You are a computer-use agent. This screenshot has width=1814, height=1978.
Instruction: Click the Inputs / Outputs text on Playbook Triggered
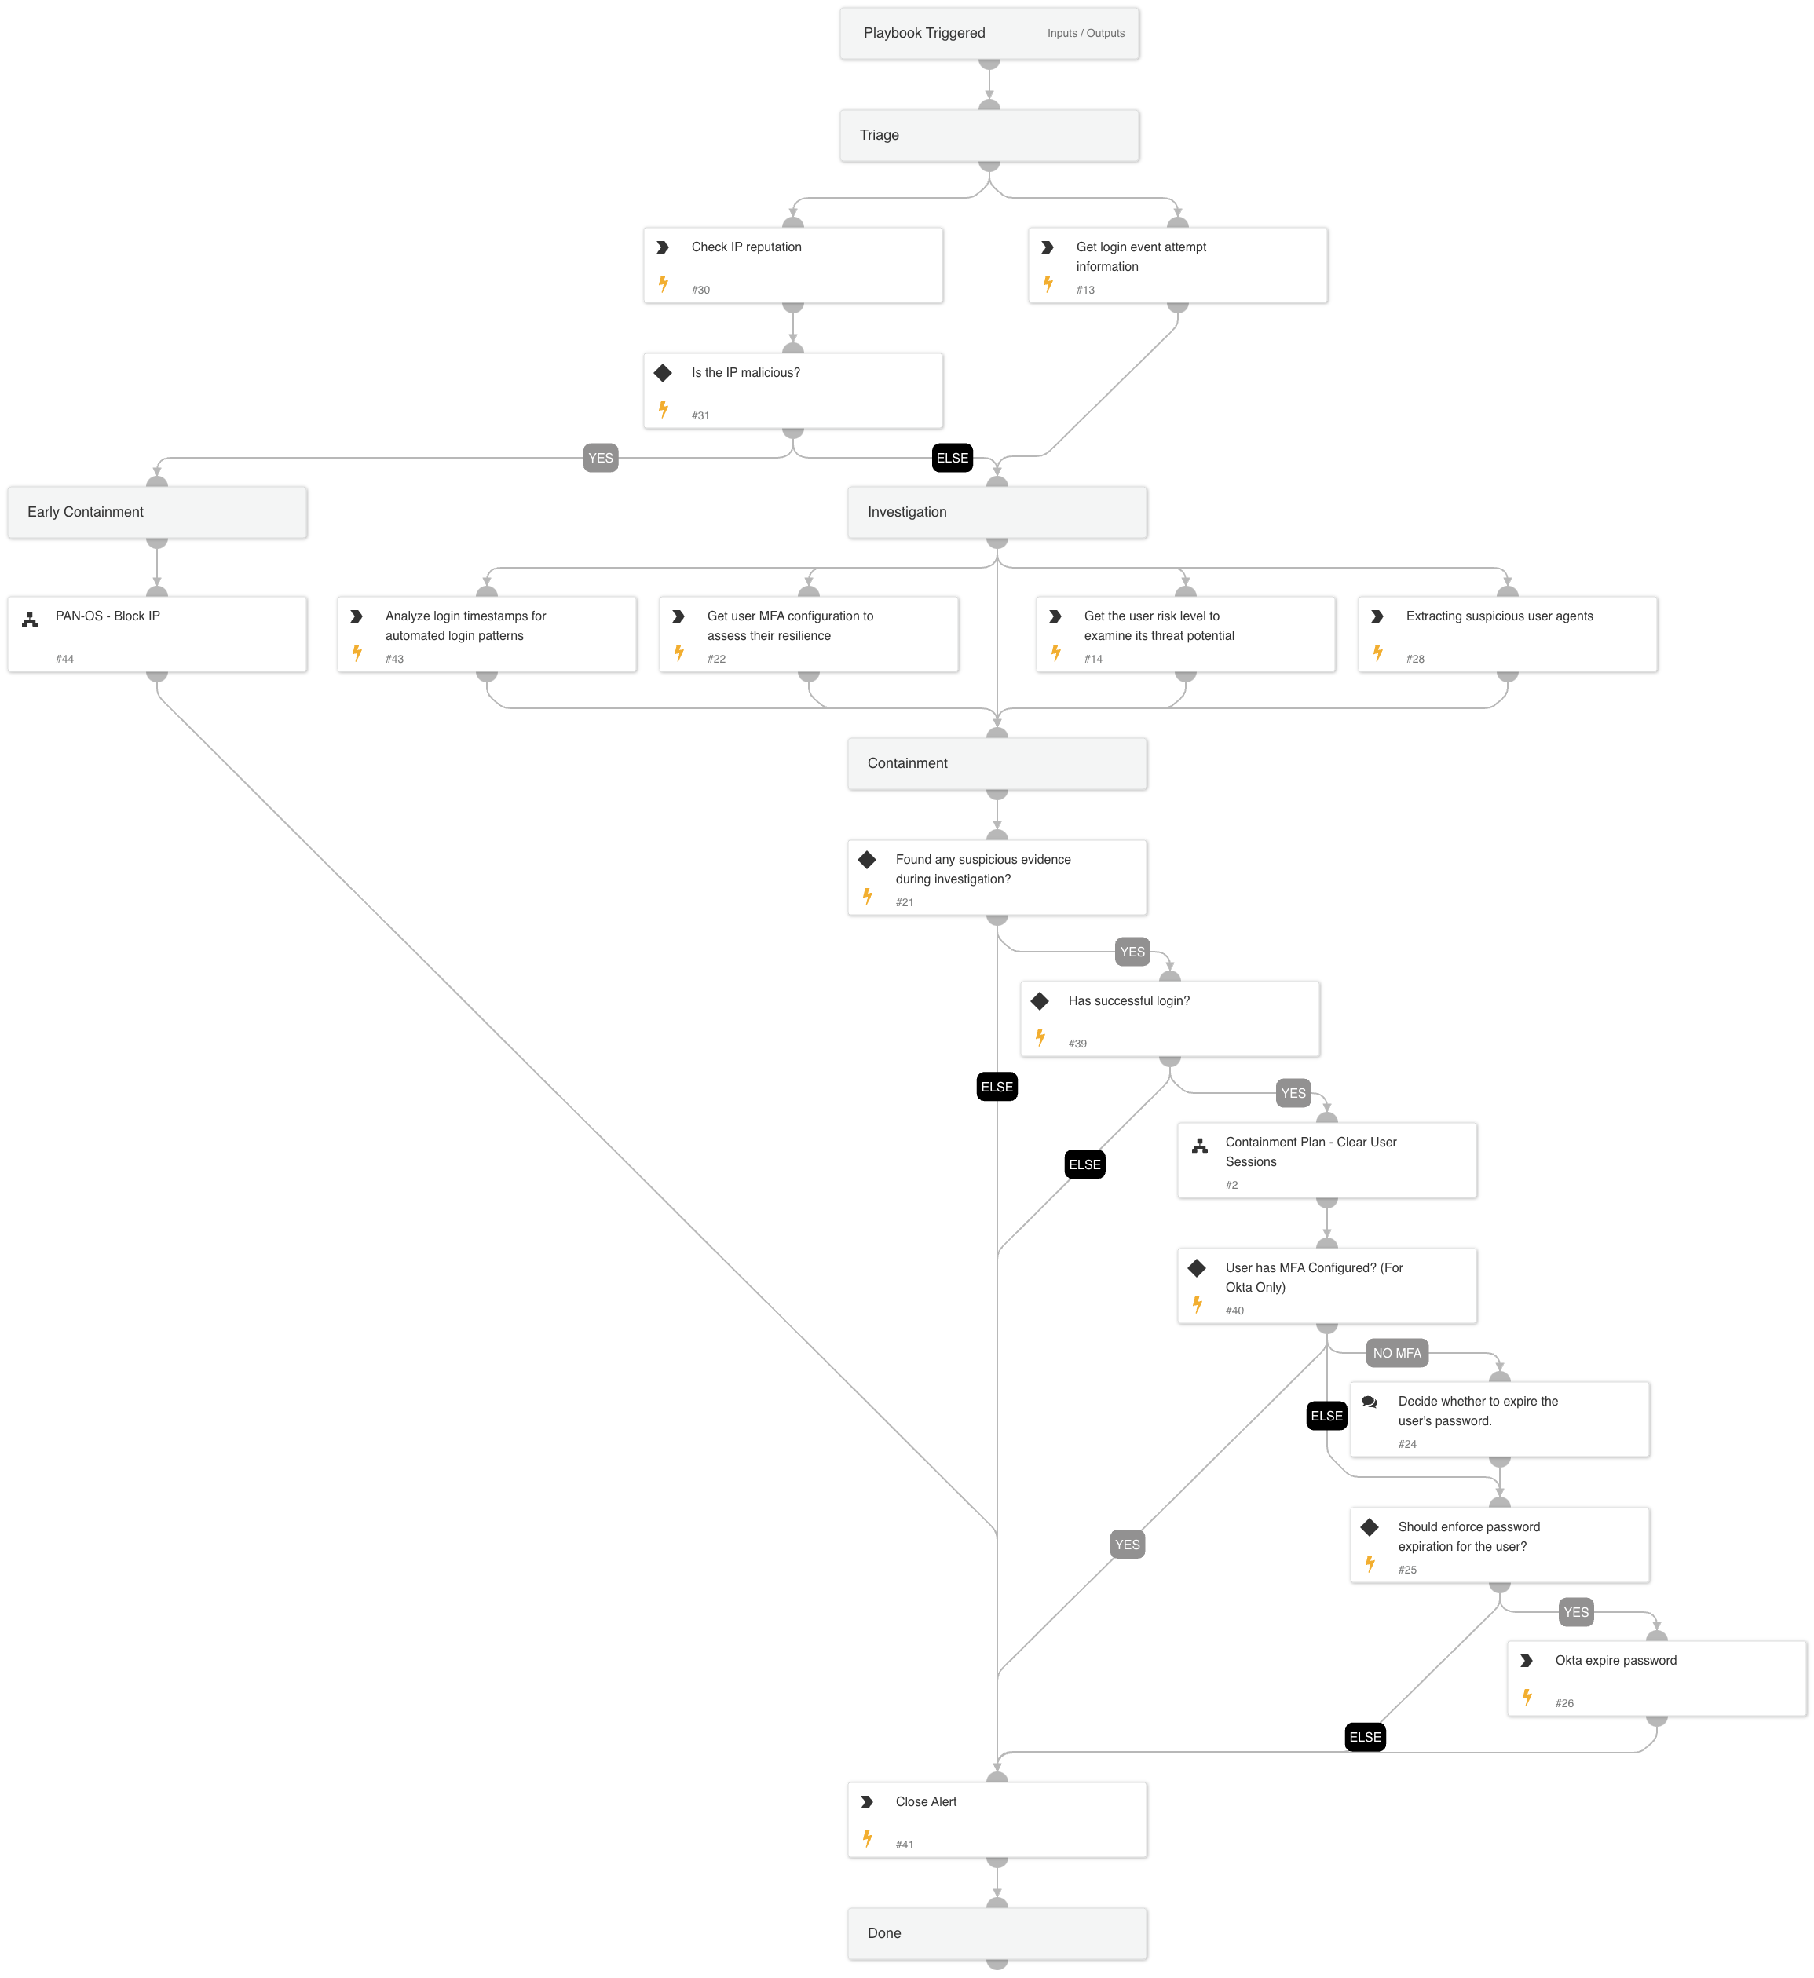pyautogui.click(x=1084, y=34)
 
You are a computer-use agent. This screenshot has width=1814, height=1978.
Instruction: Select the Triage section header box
pyautogui.click(x=989, y=136)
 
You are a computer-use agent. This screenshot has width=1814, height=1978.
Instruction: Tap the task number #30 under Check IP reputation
pyautogui.click(x=700, y=291)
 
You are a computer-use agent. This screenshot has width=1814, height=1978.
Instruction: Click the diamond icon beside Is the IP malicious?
pyautogui.click(x=663, y=373)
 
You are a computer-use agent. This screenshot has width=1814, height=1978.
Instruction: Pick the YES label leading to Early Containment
pyautogui.click(x=600, y=459)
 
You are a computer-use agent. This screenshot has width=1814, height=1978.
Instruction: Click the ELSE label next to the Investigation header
pyautogui.click(x=951, y=459)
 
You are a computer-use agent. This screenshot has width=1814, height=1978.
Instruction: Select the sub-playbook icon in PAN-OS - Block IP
pyautogui.click(x=31, y=620)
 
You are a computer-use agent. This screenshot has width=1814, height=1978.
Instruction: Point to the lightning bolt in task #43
pyautogui.click(x=357, y=653)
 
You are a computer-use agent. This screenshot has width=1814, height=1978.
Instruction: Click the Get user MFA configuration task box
pyautogui.click(x=808, y=634)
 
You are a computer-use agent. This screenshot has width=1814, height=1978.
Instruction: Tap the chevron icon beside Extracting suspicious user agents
pyautogui.click(x=1377, y=616)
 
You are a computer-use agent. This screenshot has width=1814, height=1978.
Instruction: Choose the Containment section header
pyautogui.click(x=997, y=764)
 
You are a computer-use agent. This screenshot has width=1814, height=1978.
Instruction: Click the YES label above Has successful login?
pyautogui.click(x=1132, y=952)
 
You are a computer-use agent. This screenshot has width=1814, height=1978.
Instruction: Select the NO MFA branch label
pyautogui.click(x=1396, y=1354)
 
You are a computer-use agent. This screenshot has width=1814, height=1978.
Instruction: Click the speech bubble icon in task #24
pyautogui.click(x=1370, y=1402)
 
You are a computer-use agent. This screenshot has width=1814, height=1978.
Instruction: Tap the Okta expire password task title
pyautogui.click(x=1615, y=1661)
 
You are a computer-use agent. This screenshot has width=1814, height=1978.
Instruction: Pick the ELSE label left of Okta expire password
pyautogui.click(x=1365, y=1738)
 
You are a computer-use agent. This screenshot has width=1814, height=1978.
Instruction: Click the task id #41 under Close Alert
pyautogui.click(x=904, y=1845)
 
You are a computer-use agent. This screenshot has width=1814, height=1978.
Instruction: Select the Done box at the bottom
pyautogui.click(x=997, y=1934)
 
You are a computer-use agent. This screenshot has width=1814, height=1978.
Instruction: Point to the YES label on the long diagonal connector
pyautogui.click(x=1127, y=1545)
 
